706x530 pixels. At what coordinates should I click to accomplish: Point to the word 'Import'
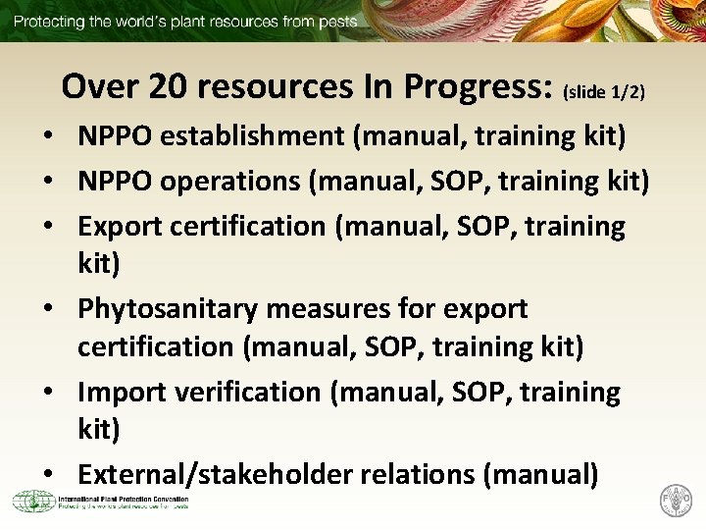click(x=122, y=392)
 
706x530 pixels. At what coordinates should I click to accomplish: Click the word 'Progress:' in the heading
click(x=477, y=86)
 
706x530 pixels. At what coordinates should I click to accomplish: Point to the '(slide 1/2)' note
click(x=603, y=92)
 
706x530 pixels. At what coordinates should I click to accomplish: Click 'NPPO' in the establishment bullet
click(x=115, y=135)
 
